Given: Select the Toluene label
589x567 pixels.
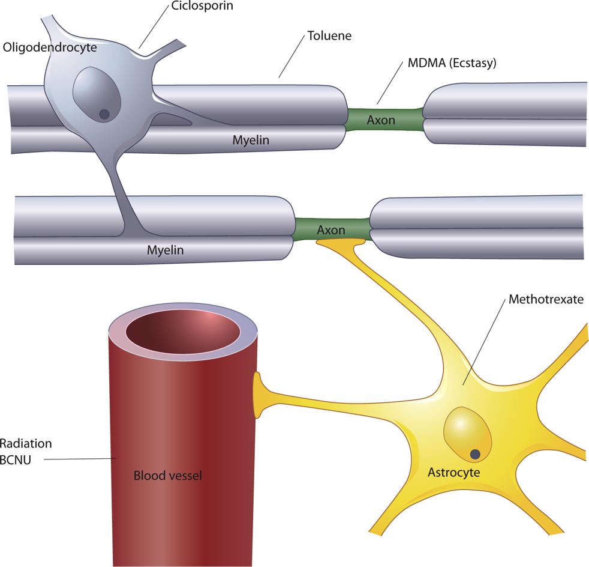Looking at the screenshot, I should pyautogui.click(x=329, y=36).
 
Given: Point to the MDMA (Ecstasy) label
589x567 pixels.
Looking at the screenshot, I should pyautogui.click(x=449, y=62).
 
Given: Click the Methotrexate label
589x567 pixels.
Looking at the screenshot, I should pyautogui.click(x=545, y=299).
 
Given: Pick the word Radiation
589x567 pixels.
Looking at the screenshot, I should pyautogui.click(x=26, y=444).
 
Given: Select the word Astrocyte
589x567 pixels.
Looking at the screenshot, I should pyautogui.click(x=454, y=472).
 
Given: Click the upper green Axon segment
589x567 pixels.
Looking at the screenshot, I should pyautogui.click(x=381, y=120).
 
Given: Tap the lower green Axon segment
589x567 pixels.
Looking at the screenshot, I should pyautogui.click(x=331, y=230).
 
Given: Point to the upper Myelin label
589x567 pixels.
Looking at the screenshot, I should pyautogui.click(x=251, y=141).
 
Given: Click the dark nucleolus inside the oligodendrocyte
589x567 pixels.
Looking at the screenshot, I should pyautogui.click(x=104, y=114).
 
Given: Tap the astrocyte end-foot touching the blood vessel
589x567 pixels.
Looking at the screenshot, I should pyautogui.click(x=260, y=395).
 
